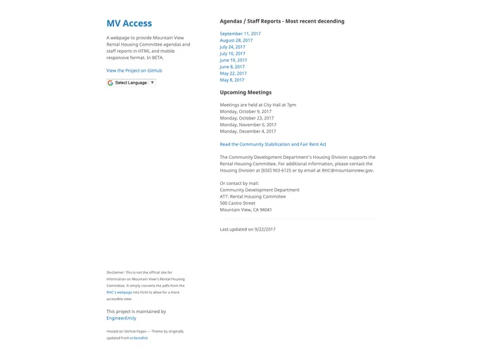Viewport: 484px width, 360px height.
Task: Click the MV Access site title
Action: (x=129, y=23)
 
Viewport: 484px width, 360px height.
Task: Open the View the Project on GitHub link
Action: (x=134, y=70)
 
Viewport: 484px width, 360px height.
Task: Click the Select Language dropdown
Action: (x=131, y=82)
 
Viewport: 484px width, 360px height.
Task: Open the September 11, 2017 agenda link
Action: (x=240, y=34)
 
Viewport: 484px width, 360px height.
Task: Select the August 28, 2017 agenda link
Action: (x=236, y=40)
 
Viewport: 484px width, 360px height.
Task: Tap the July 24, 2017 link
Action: (x=232, y=47)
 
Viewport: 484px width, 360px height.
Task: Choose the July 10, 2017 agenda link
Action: (x=232, y=53)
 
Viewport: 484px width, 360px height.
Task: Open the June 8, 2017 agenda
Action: (x=232, y=67)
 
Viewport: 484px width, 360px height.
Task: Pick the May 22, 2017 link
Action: (x=233, y=73)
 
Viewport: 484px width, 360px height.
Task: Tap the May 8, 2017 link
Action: (x=231, y=80)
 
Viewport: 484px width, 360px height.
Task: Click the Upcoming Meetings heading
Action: (x=246, y=92)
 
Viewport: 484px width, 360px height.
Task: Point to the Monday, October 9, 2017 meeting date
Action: (x=246, y=112)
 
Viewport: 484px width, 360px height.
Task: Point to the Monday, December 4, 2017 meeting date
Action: (x=248, y=131)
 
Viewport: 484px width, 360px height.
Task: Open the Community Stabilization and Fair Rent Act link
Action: (x=273, y=144)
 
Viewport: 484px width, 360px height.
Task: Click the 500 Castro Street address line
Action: (x=237, y=203)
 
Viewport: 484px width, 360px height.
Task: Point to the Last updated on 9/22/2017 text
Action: (x=248, y=229)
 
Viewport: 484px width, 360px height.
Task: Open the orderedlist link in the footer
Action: (x=139, y=338)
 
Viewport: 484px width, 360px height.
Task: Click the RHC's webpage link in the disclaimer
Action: (x=120, y=292)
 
